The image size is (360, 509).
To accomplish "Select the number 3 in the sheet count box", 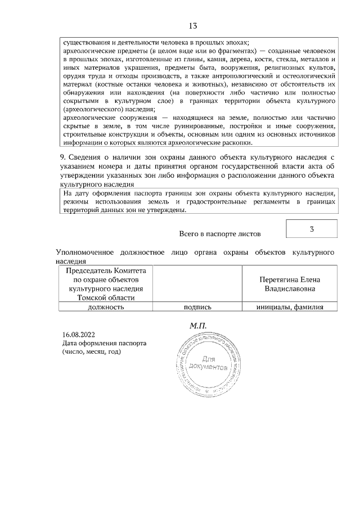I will click(x=312, y=229).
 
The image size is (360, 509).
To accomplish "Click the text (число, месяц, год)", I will click(x=92, y=352).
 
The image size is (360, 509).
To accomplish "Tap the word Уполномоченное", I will click(x=85, y=253).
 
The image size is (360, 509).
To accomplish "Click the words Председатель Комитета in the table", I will click(x=106, y=271).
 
